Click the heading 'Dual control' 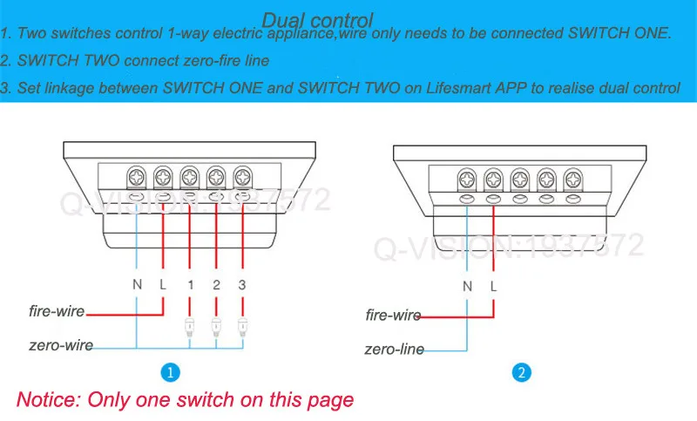point(317,19)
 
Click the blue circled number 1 point(172,373)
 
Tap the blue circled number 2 point(521,373)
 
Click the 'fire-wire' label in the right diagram point(393,316)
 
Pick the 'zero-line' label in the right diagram point(395,350)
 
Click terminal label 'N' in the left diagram point(137,283)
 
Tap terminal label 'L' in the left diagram point(163,283)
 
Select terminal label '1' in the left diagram point(190,283)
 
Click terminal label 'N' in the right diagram point(466,286)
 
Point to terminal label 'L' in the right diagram point(493,286)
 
